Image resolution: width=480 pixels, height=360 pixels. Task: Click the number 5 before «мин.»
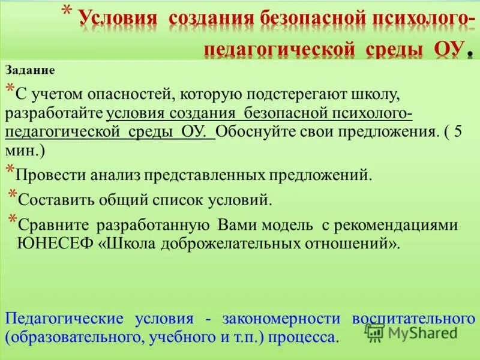pyautogui.click(x=458, y=132)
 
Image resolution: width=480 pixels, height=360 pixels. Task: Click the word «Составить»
pyautogui.click(x=55, y=199)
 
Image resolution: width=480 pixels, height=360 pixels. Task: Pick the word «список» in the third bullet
pyautogui.click(x=190, y=199)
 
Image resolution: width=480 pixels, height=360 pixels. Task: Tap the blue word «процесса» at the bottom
pyautogui.click(x=304, y=337)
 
